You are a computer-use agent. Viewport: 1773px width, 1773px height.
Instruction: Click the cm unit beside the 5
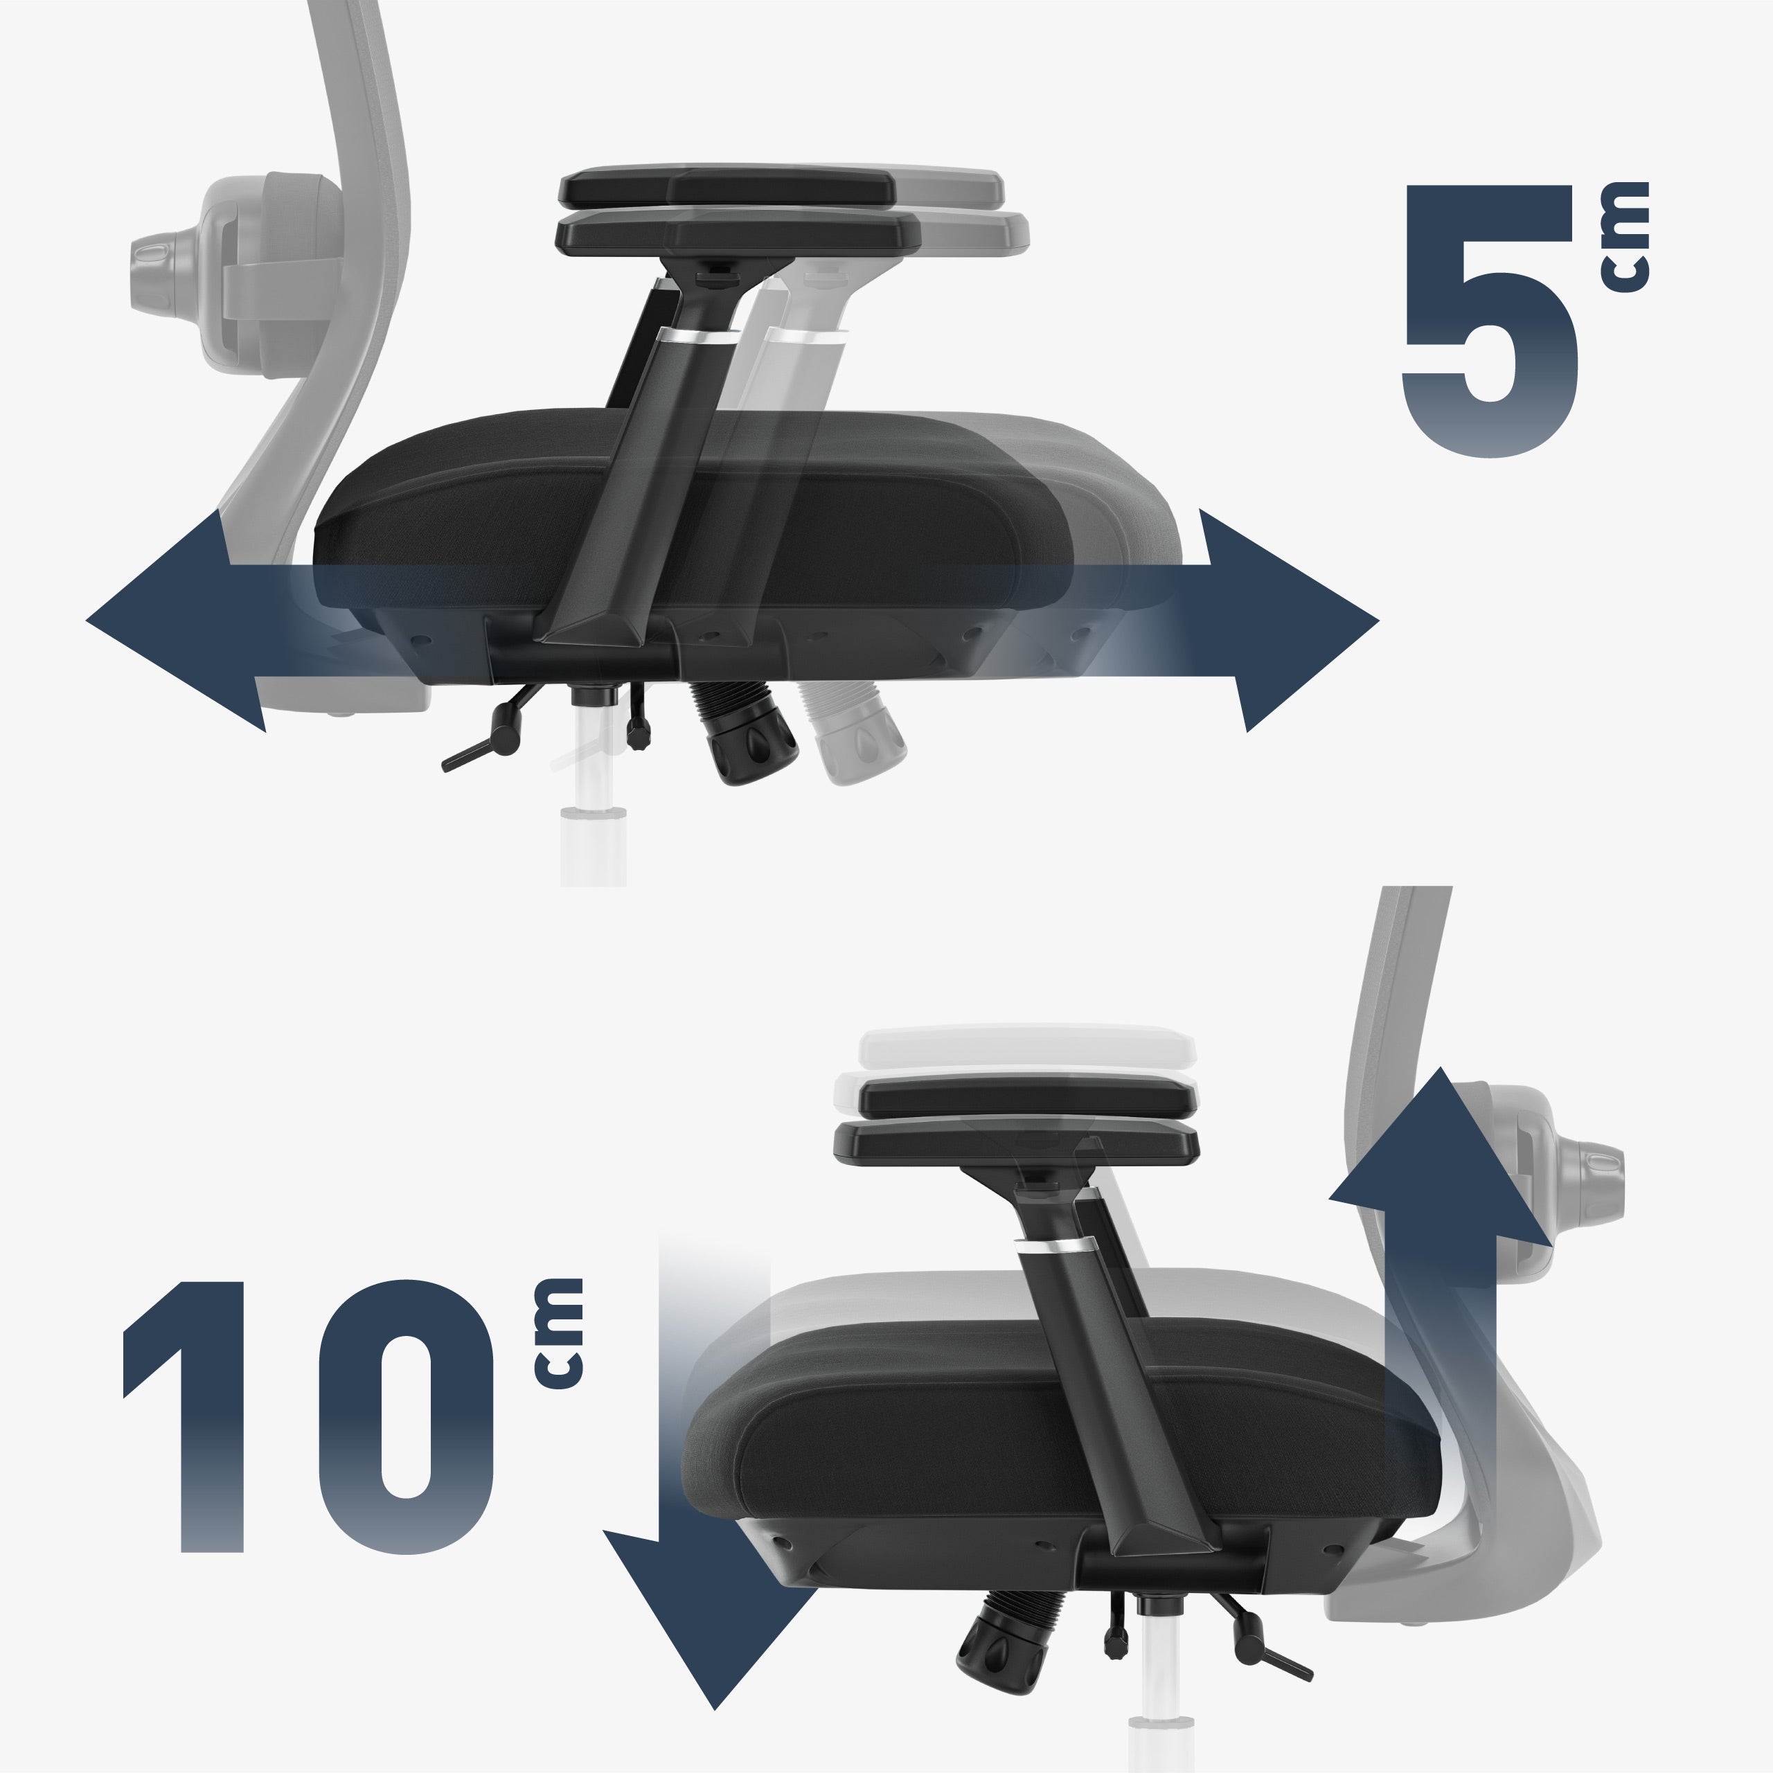pos(1624,237)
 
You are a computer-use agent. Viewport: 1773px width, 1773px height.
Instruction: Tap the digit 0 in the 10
pos(406,1417)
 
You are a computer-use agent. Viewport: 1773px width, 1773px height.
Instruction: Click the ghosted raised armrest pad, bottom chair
pos(1028,1046)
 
